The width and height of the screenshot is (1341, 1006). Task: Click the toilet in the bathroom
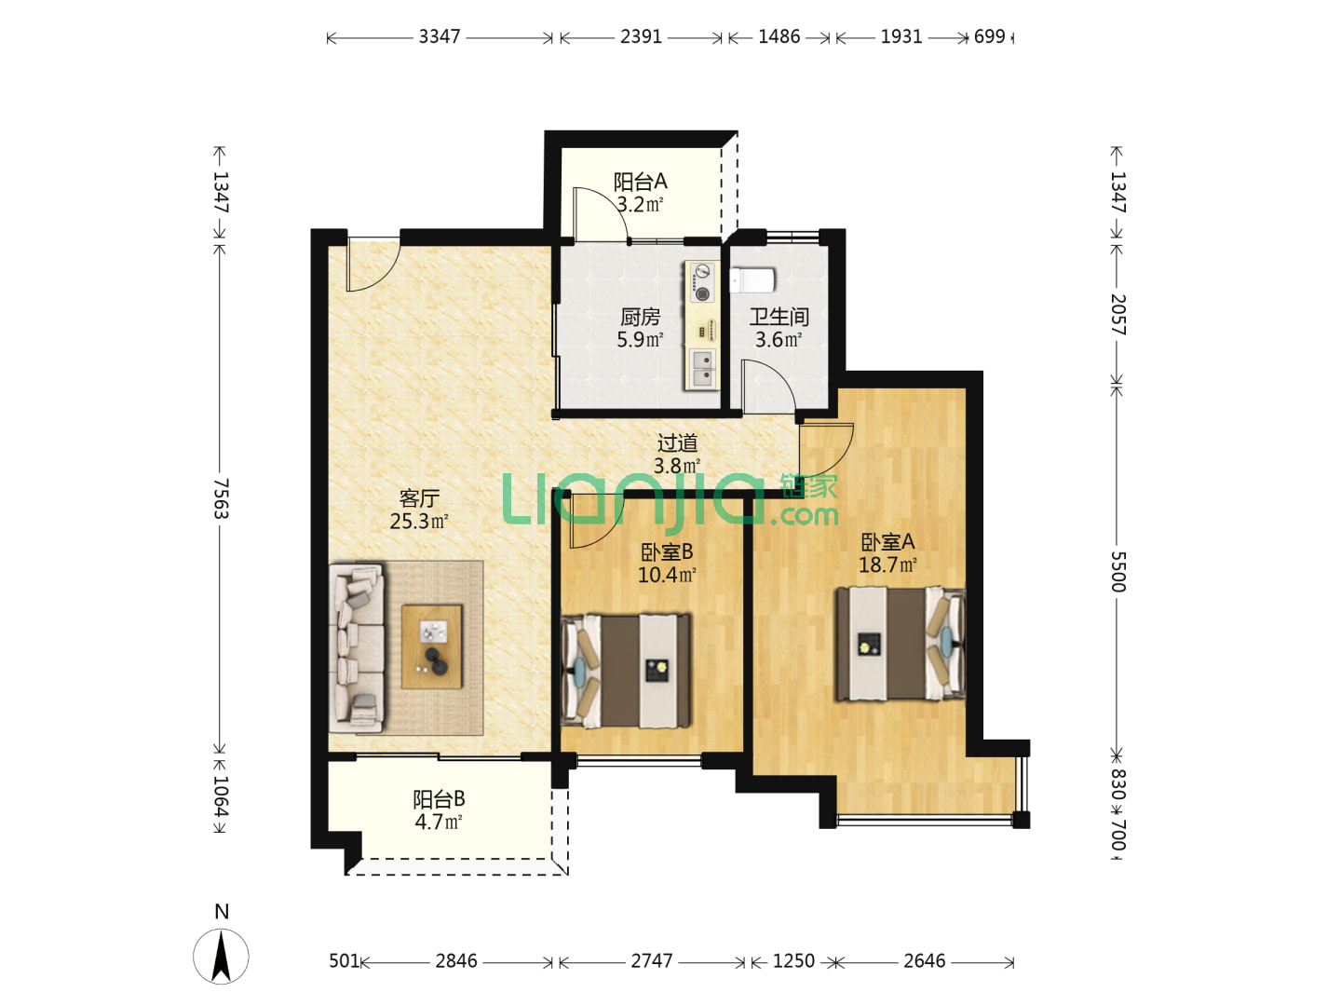tap(752, 280)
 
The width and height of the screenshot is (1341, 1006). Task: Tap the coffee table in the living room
tap(431, 646)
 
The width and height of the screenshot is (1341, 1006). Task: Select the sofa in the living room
tap(357, 648)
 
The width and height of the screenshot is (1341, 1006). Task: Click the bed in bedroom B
tap(627, 671)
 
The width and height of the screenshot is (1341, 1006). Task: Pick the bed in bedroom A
tap(901, 644)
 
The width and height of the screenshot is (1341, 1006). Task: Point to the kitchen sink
tap(702, 369)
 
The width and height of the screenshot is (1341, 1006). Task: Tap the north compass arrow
tap(221, 957)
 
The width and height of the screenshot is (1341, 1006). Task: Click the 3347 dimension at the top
tap(440, 36)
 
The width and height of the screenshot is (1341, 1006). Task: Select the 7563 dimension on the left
tap(221, 498)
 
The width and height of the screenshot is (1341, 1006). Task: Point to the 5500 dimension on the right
tap(1117, 572)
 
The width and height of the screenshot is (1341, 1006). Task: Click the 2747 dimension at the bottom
tap(652, 960)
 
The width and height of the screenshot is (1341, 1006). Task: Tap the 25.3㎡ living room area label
tap(419, 521)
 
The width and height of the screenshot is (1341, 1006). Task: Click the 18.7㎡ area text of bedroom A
tap(887, 564)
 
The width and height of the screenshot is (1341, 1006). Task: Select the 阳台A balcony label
tap(641, 182)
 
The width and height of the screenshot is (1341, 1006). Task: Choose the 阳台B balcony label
tap(440, 799)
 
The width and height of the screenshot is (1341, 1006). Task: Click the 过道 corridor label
tap(677, 442)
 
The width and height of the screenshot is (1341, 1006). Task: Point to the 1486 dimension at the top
tap(779, 36)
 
